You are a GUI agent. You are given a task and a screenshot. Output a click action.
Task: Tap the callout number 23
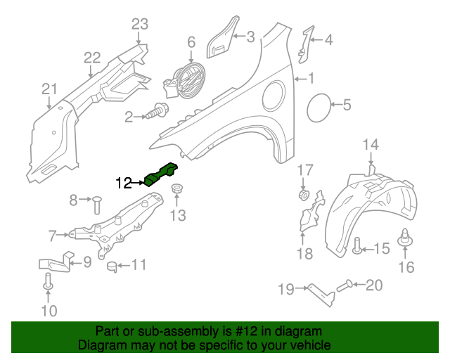tap(140, 25)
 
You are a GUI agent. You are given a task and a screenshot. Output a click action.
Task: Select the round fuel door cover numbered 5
tap(321, 106)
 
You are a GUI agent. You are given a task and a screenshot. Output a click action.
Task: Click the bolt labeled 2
tap(158, 112)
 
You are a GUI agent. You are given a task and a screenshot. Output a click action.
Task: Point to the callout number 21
tap(49, 89)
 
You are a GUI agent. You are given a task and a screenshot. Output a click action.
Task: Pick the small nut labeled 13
tap(178, 189)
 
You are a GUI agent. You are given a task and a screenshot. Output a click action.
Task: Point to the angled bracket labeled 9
tap(55, 262)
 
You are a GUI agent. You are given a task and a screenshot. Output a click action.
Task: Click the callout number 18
tap(304, 254)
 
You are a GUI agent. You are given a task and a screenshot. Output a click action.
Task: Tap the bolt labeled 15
tap(357, 247)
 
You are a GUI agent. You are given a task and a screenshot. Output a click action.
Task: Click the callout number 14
tap(371, 145)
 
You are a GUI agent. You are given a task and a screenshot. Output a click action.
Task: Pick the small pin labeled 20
tap(344, 285)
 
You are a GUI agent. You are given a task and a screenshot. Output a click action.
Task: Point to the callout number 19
tap(285, 288)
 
